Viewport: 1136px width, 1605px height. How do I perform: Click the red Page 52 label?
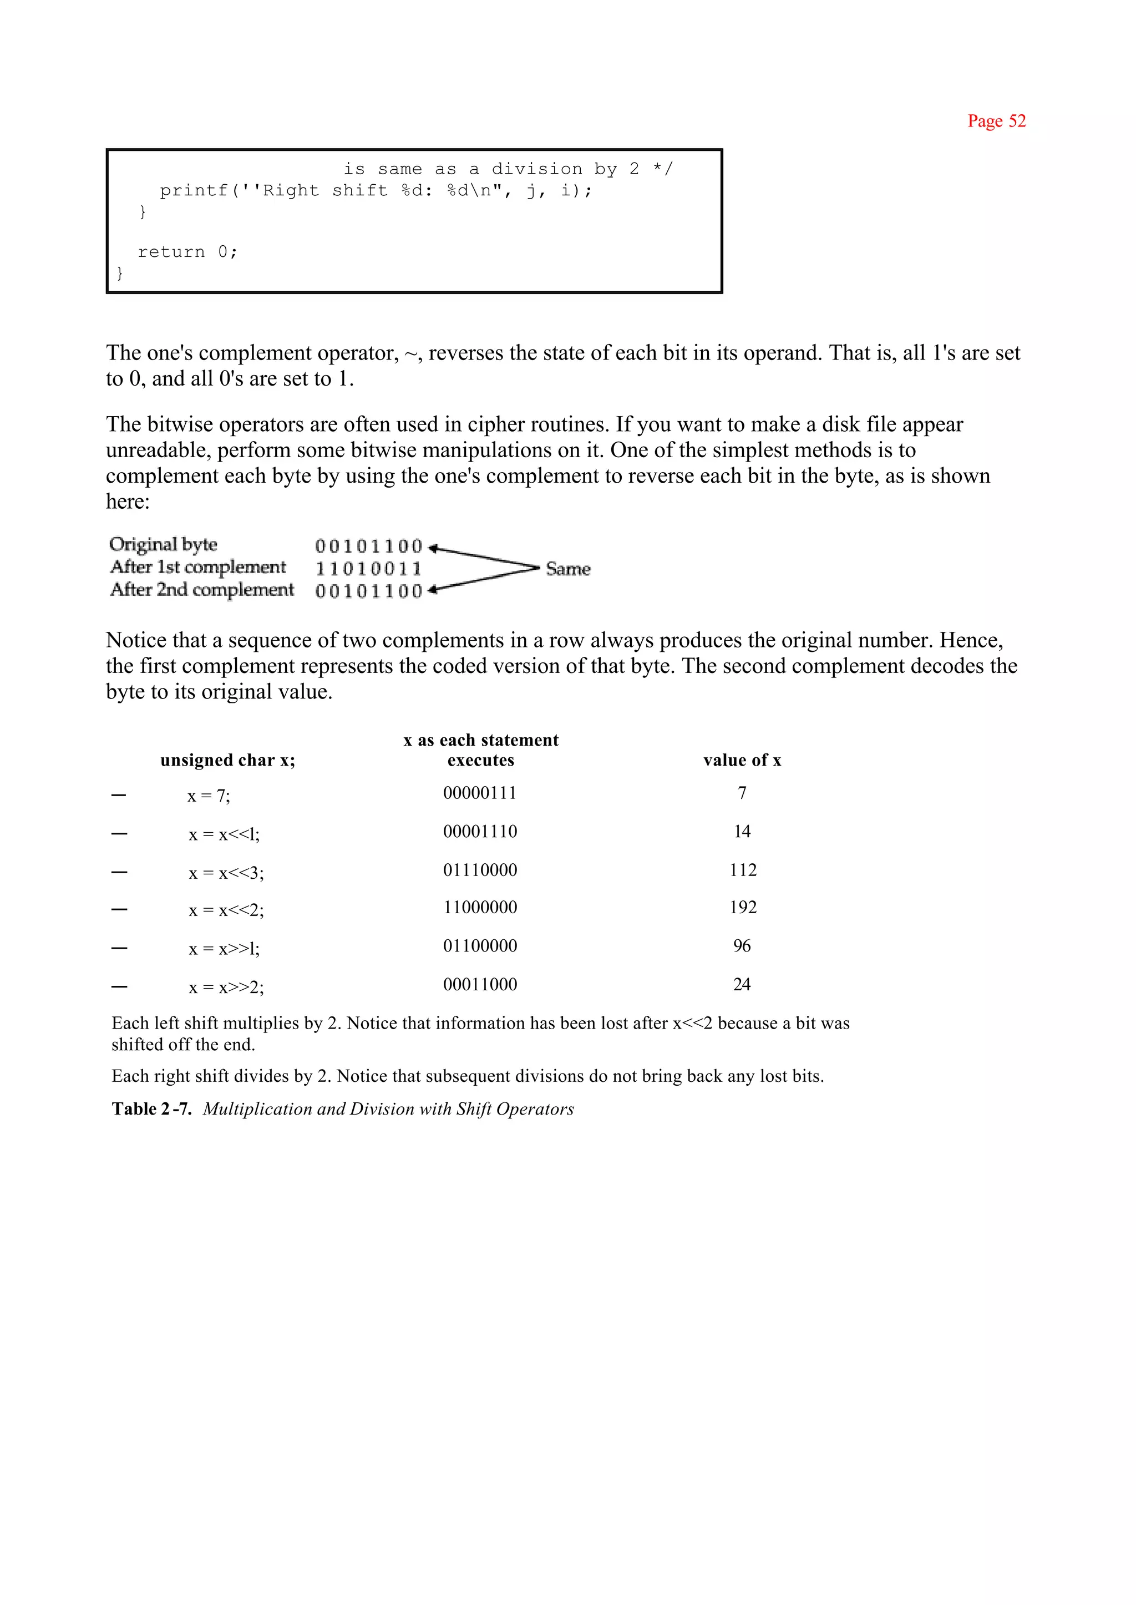(x=996, y=121)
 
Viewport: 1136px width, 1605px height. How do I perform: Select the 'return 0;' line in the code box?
(x=187, y=252)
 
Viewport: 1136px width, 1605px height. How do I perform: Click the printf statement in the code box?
(x=376, y=190)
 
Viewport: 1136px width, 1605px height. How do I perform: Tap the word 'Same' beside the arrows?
(x=568, y=569)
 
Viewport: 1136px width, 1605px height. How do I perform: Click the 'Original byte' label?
(x=163, y=544)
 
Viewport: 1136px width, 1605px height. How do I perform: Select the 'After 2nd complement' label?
(x=201, y=590)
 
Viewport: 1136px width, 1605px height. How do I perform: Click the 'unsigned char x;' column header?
(x=227, y=760)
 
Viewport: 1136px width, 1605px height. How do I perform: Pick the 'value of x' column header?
(x=742, y=760)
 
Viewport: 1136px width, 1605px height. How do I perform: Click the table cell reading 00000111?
(x=480, y=793)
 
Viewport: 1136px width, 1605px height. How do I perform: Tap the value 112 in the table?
(x=742, y=870)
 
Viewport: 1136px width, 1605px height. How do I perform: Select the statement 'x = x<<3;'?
(x=226, y=873)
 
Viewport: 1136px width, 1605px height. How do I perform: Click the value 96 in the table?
(x=742, y=946)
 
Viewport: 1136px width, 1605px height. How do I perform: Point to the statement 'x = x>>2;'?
(x=226, y=987)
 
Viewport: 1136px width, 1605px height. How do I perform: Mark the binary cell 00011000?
(x=480, y=984)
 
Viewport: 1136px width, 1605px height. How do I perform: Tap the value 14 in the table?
(x=742, y=831)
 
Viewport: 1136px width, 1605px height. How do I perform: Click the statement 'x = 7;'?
(x=209, y=796)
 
